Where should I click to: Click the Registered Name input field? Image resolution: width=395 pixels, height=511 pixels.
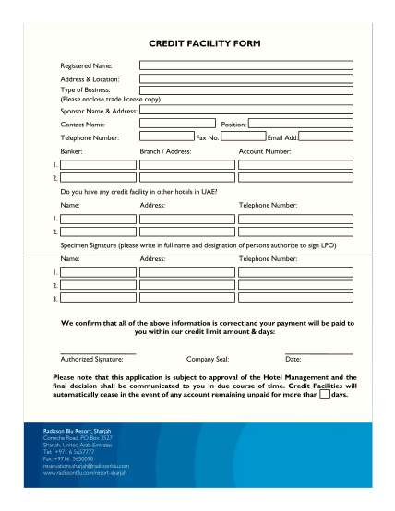click(x=245, y=65)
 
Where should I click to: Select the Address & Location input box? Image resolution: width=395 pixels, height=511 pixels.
click(x=245, y=79)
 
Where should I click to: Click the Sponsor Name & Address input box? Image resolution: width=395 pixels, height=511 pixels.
click(x=245, y=109)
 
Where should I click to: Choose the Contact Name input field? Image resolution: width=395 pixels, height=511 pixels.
click(x=177, y=123)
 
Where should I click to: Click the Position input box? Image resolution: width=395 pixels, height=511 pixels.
click(x=300, y=123)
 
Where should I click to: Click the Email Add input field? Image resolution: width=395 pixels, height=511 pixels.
click(x=326, y=137)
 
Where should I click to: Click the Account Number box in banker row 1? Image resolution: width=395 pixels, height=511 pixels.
click(x=295, y=164)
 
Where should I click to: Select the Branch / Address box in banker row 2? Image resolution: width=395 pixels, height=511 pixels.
click(x=186, y=177)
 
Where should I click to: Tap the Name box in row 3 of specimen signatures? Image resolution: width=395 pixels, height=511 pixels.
click(x=98, y=299)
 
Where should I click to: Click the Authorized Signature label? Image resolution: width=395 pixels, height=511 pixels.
click(x=91, y=359)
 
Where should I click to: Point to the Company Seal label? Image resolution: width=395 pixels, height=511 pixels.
click(x=208, y=359)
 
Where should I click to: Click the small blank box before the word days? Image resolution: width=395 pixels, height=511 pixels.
click(x=324, y=394)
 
